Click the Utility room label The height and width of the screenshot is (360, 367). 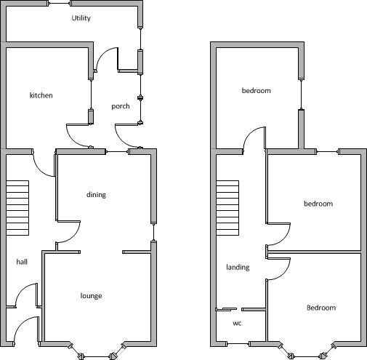pos(81,18)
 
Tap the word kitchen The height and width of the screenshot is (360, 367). pos(41,95)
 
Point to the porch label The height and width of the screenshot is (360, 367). pos(121,106)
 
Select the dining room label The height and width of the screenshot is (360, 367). pos(96,195)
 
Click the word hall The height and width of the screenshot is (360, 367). pos(22,262)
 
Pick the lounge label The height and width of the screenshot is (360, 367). pos(91,295)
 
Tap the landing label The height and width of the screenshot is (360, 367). pos(238,267)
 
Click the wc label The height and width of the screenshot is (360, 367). pos(237,323)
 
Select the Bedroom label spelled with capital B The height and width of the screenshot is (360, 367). pos(321,308)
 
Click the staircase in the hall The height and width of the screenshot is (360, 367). pos(17,208)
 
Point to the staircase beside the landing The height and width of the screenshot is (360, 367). pos(227,208)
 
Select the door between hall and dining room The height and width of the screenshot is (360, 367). pos(68,232)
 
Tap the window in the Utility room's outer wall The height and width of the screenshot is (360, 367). pos(60,4)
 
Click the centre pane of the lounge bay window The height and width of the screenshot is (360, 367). pos(97,356)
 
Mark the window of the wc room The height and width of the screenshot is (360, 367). pos(238,343)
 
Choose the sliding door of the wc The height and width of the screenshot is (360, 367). pos(226,309)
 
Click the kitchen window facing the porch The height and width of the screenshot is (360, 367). pos(91,95)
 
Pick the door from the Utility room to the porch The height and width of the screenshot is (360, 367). pos(107,60)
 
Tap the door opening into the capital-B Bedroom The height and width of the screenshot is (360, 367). pos(278,269)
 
